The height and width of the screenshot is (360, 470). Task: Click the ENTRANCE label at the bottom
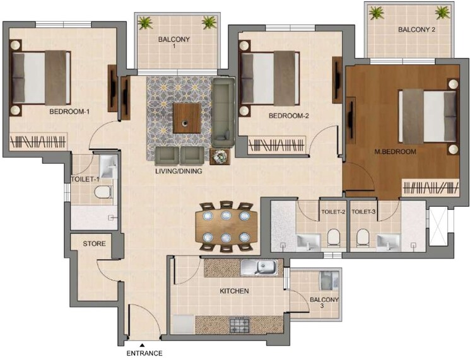point(144,354)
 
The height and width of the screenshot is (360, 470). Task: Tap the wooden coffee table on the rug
point(187,119)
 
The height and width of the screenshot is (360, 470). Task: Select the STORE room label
point(93,243)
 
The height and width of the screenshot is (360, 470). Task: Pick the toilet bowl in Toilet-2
point(333,238)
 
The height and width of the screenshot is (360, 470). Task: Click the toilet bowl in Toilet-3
point(362,238)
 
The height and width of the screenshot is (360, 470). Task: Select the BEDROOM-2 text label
point(288,116)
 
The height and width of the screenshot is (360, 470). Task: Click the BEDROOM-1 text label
point(69,112)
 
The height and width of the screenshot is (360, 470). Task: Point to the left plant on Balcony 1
point(145,23)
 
